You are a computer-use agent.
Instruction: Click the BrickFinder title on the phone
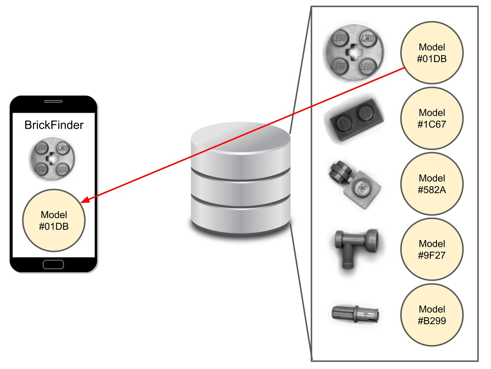tap(54, 125)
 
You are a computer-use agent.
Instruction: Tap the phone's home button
tap(53, 264)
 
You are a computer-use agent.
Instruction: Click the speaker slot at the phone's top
tap(53, 101)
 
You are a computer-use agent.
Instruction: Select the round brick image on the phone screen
tap(52, 159)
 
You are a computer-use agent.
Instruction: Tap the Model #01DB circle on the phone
tap(54, 220)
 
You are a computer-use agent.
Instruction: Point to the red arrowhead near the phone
tap(84, 200)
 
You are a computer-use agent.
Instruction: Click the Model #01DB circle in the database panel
tap(432, 53)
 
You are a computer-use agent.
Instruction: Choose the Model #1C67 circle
tap(432, 119)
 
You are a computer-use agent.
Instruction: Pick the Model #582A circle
tap(432, 184)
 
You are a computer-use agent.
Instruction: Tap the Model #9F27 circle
tap(432, 249)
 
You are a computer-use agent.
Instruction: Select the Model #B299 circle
tap(432, 315)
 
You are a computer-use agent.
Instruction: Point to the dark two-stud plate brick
tap(354, 119)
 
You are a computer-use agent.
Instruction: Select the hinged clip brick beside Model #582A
tap(354, 184)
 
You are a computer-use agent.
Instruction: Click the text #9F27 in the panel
tap(432, 255)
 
